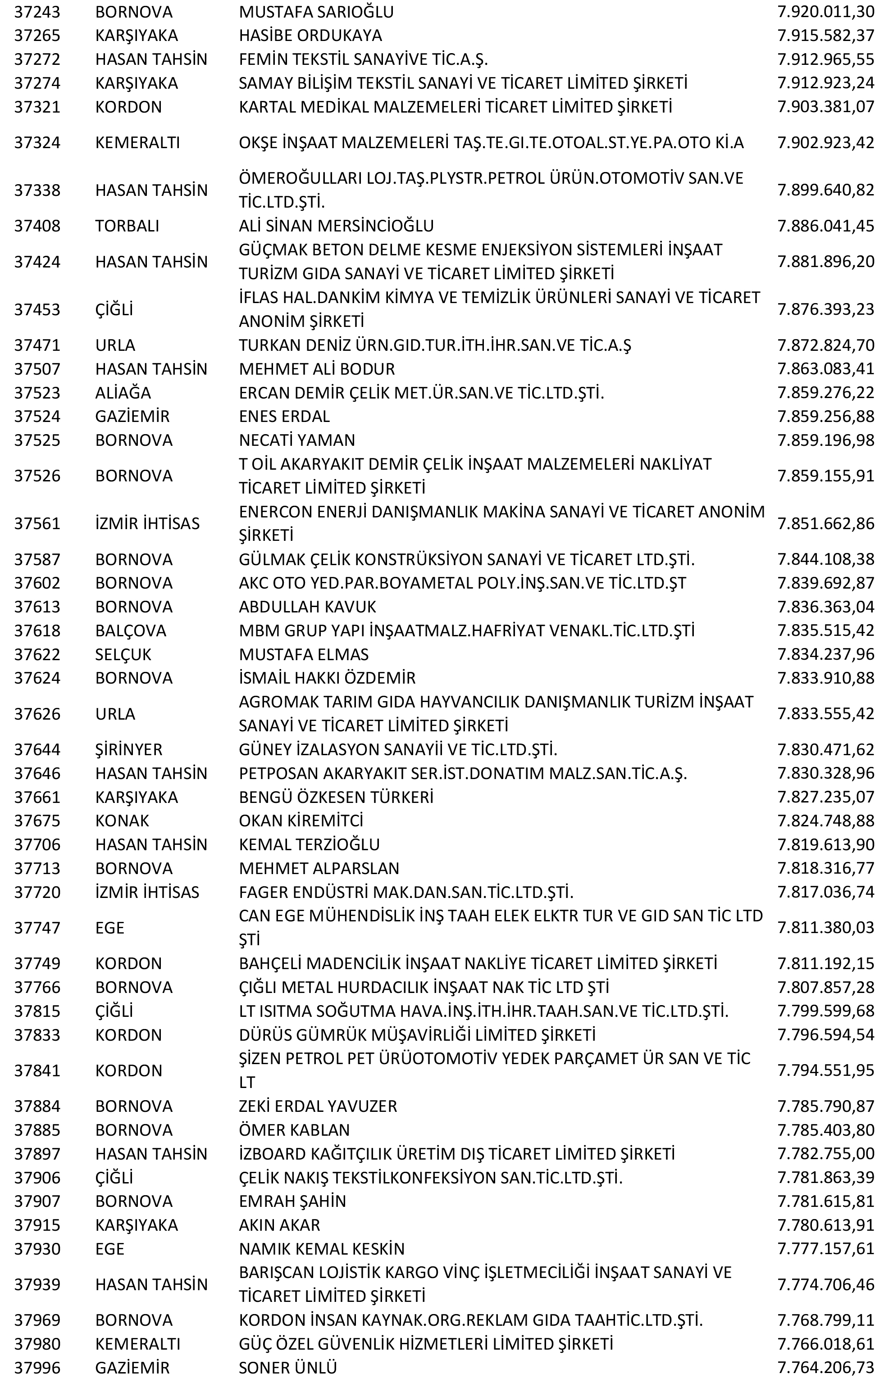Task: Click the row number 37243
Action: (37, 12)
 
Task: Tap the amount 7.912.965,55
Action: (825, 59)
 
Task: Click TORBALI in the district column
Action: (127, 226)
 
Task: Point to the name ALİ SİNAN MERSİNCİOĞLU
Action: (336, 226)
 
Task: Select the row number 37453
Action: (37, 310)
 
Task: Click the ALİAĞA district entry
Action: (123, 393)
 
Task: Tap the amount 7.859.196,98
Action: (825, 440)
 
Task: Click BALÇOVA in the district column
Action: (130, 630)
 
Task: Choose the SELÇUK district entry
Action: (123, 655)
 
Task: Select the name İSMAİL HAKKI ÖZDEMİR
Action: (327, 678)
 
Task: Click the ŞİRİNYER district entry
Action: (128, 750)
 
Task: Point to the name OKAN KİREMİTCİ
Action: (301, 821)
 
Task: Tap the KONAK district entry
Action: (122, 821)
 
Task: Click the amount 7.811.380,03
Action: (825, 928)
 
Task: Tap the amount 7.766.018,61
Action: (825, 1344)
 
